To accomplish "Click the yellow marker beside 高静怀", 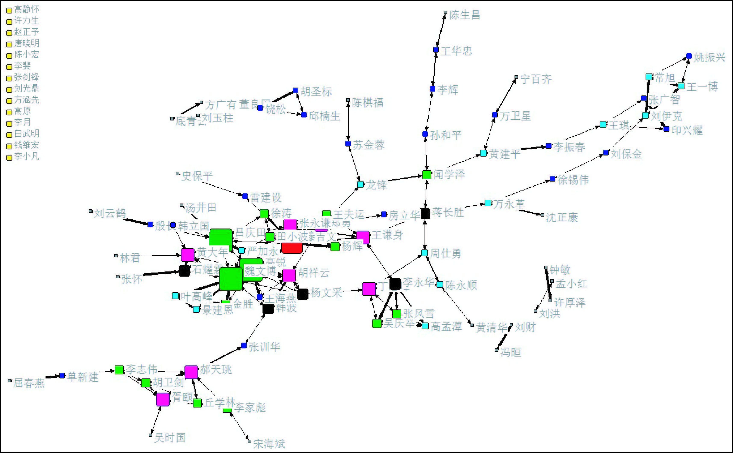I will (9, 10).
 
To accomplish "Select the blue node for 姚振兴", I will (689, 56).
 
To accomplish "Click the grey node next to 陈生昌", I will (445, 13).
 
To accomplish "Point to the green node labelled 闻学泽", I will (427, 175).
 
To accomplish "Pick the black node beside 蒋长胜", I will (425, 214).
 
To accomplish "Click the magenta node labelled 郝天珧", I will (191, 372).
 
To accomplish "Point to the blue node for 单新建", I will (62, 375).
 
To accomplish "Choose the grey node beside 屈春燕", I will (10, 381).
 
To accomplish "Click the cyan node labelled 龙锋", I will (360, 184).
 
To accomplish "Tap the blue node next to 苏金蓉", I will (348, 144).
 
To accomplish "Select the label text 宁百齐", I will (536, 79).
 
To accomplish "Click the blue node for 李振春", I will (549, 146).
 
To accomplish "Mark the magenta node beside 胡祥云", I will (289, 275).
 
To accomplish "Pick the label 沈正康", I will (562, 217).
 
